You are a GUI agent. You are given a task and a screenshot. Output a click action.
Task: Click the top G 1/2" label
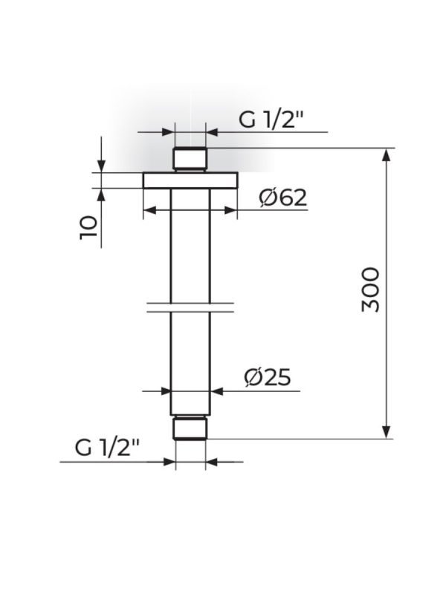(271, 120)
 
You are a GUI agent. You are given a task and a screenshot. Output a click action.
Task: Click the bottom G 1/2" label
(107, 448)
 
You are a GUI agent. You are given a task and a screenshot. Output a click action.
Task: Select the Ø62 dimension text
(283, 198)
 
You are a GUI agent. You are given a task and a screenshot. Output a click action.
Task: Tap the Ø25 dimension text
(268, 377)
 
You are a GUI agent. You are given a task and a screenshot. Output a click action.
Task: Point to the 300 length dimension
(370, 290)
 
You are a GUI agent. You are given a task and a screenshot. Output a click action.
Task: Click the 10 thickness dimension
(88, 228)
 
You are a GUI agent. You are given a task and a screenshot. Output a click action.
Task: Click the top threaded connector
(190, 158)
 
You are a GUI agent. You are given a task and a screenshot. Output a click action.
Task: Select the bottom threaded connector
(190, 428)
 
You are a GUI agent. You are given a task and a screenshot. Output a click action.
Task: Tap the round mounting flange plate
(190, 180)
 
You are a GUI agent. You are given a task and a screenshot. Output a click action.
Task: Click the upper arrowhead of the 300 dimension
(386, 154)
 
